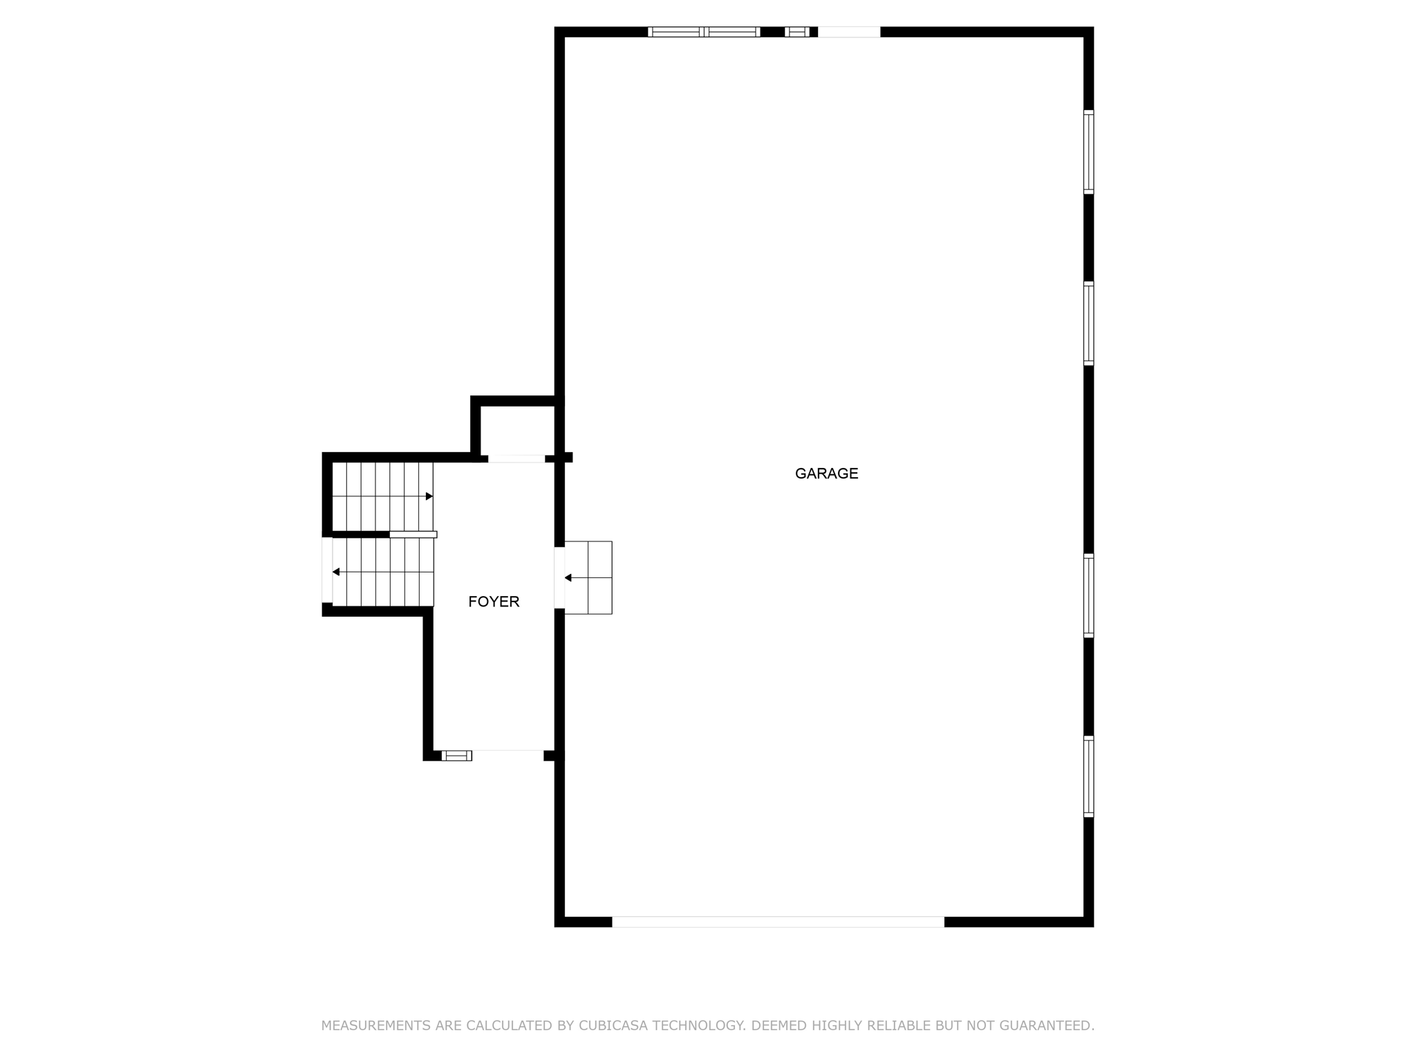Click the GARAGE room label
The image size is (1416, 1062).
[x=826, y=474]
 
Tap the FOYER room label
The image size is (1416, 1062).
[x=494, y=602]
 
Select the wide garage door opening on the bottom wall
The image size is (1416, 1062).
[x=778, y=922]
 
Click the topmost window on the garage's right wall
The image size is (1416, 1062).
[x=1088, y=152]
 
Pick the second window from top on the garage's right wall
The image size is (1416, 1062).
[x=1088, y=324]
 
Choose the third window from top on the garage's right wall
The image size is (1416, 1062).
[x=1088, y=595]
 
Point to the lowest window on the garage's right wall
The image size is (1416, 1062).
[x=1088, y=777]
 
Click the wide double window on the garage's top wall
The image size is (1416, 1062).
[x=704, y=32]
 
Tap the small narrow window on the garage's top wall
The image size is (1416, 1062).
[x=797, y=32]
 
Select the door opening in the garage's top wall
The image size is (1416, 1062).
[x=849, y=32]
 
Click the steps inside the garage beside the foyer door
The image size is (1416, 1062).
[x=588, y=577]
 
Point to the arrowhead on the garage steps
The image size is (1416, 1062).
[x=568, y=577]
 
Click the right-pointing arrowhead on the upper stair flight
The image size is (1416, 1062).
[x=429, y=496]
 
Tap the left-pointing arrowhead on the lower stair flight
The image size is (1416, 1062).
[x=337, y=572]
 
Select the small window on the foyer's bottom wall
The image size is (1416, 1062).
[x=456, y=756]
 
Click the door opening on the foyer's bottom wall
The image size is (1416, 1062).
[x=508, y=755]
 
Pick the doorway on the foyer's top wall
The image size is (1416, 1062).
[x=516, y=458]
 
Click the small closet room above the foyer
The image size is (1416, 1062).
[x=517, y=430]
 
